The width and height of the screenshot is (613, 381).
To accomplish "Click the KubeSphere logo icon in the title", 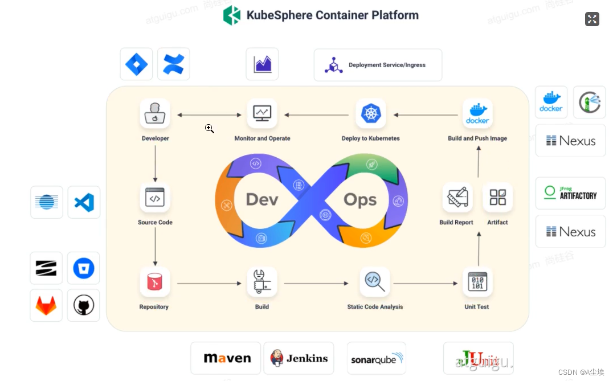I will tap(232, 15).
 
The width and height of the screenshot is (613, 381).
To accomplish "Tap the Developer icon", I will tap(155, 113).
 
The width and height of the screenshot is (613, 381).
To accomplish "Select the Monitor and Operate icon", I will tap(262, 113).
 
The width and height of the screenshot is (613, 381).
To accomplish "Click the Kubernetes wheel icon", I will tap(371, 113).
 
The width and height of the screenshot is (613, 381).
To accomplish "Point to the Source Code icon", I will tap(155, 198).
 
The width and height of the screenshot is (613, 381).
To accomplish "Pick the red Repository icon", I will tap(155, 282).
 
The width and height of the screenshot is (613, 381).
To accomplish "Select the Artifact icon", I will tap(497, 198).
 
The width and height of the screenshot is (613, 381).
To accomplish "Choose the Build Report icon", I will tap(457, 198).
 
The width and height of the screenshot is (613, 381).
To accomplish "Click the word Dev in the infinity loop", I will tap(262, 200).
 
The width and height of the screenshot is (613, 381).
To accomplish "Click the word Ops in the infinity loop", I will tap(360, 200).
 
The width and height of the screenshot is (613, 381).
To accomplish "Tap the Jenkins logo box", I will tap(299, 358).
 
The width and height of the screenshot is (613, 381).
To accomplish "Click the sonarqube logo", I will tap(377, 358).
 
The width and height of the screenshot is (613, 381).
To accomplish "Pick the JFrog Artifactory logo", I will tap(570, 193).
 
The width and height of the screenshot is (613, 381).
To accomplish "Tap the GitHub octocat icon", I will tap(83, 305).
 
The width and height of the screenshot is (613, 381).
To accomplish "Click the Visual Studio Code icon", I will tap(84, 202).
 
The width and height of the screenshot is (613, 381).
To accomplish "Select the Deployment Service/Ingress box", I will tap(378, 65).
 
